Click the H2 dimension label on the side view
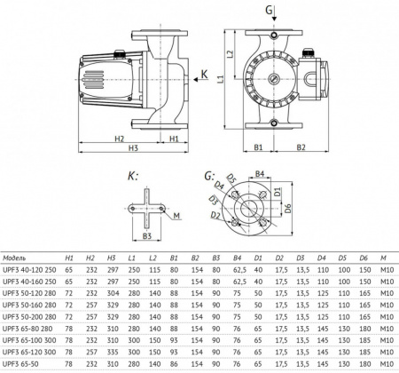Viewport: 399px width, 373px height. click(117, 139)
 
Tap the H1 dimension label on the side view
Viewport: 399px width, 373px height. click(175, 139)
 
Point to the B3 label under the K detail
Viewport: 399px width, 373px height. click(148, 234)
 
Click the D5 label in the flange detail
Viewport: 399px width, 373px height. click(230, 179)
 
